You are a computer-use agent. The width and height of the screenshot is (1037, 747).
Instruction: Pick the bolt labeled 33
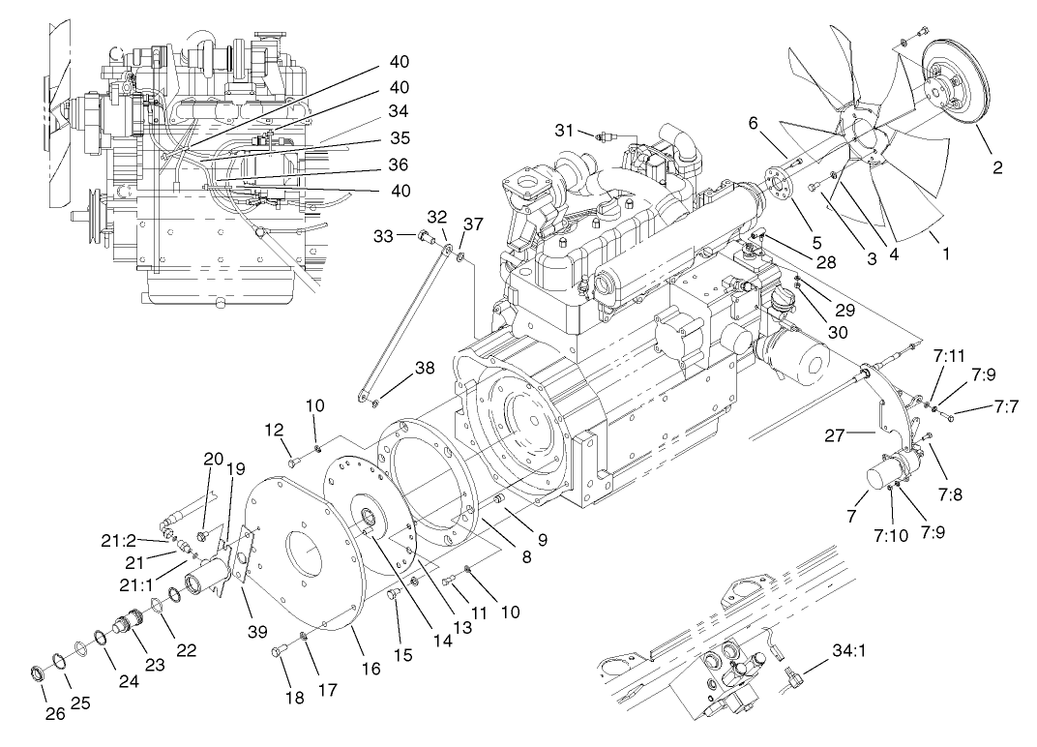[425, 235]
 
